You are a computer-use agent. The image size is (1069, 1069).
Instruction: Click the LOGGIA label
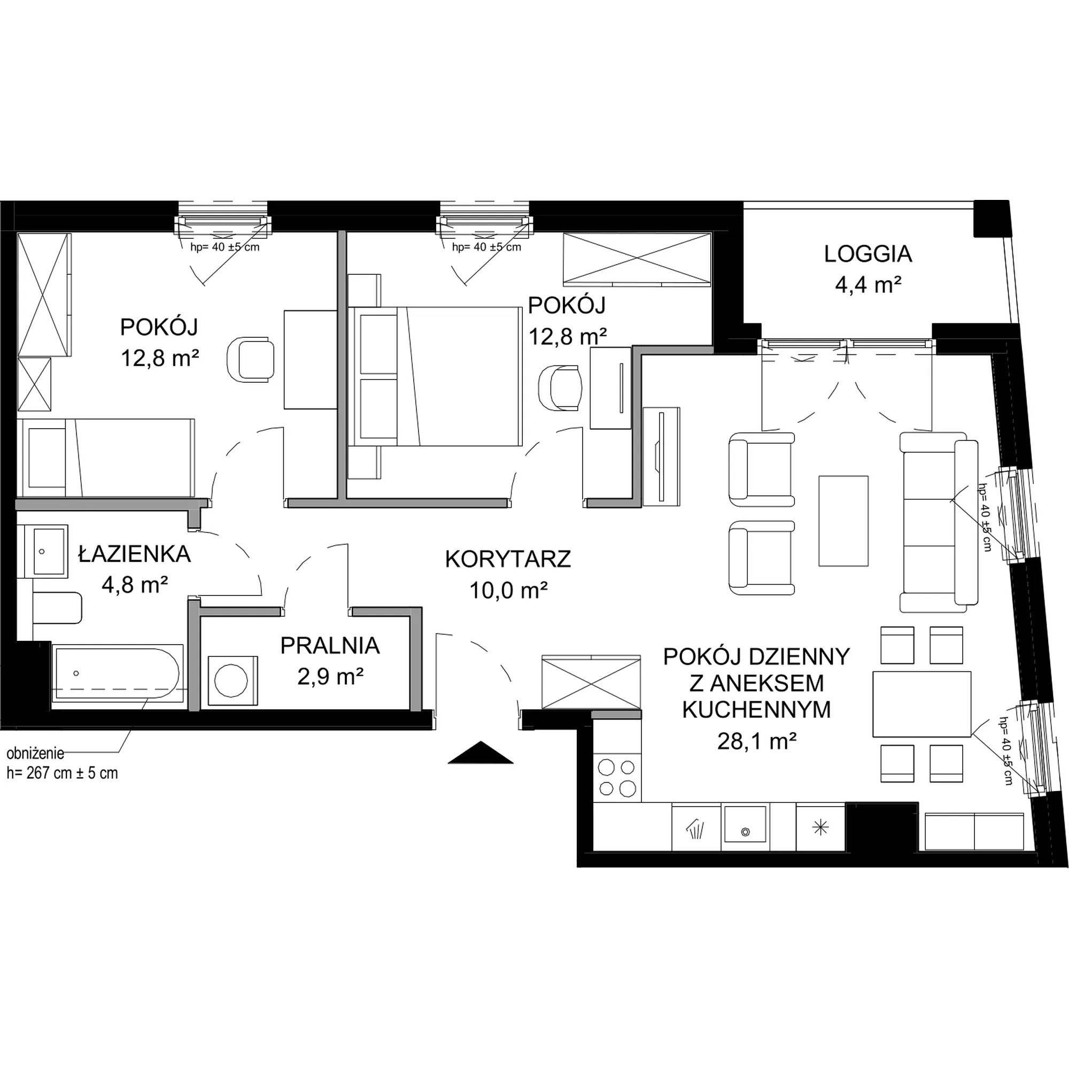(867, 254)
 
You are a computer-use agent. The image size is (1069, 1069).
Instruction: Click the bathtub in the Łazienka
(117, 673)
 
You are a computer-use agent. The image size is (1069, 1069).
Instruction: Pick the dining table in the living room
(922, 704)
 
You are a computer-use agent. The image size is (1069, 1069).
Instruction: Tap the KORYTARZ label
(507, 560)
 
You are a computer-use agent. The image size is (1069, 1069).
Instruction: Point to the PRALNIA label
(330, 646)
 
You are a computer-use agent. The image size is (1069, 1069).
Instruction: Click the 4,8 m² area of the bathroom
(135, 584)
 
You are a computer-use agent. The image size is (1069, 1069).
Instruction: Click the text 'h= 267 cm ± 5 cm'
(62, 773)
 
